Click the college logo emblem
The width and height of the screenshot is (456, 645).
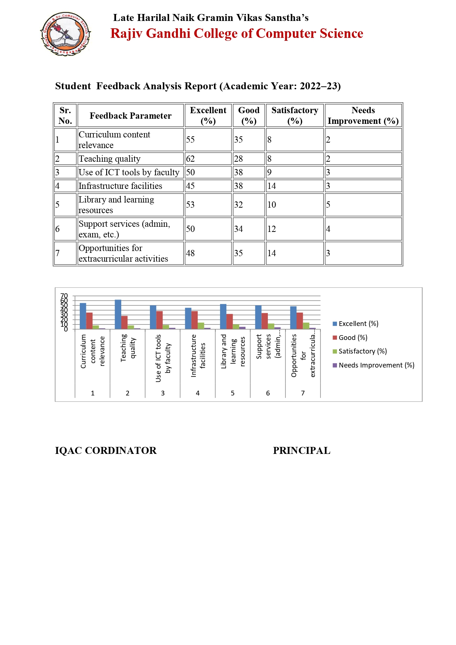coord(65,34)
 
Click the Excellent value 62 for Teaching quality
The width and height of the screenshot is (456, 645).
coord(190,159)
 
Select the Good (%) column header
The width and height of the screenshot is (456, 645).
coord(249,115)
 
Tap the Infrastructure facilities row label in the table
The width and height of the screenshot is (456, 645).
coord(121,186)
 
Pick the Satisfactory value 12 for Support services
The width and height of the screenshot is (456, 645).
coord(272,229)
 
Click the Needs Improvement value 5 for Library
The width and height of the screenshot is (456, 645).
coord(328,205)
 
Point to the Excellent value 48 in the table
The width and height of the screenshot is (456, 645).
coord(190,253)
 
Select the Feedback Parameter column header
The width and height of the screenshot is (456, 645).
coord(130,116)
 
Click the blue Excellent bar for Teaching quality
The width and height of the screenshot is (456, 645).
coord(118,314)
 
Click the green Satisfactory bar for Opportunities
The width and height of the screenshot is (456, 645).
coord(306,326)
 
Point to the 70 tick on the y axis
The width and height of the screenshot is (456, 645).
coord(64,296)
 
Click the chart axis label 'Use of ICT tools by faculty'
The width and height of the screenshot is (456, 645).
coord(163,358)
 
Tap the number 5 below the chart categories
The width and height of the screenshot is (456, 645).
coord(233,393)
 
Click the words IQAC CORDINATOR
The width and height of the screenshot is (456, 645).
coord(106,451)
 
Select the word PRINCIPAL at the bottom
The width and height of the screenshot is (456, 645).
coord(302,451)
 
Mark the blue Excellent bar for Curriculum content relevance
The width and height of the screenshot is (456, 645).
coord(83,316)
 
